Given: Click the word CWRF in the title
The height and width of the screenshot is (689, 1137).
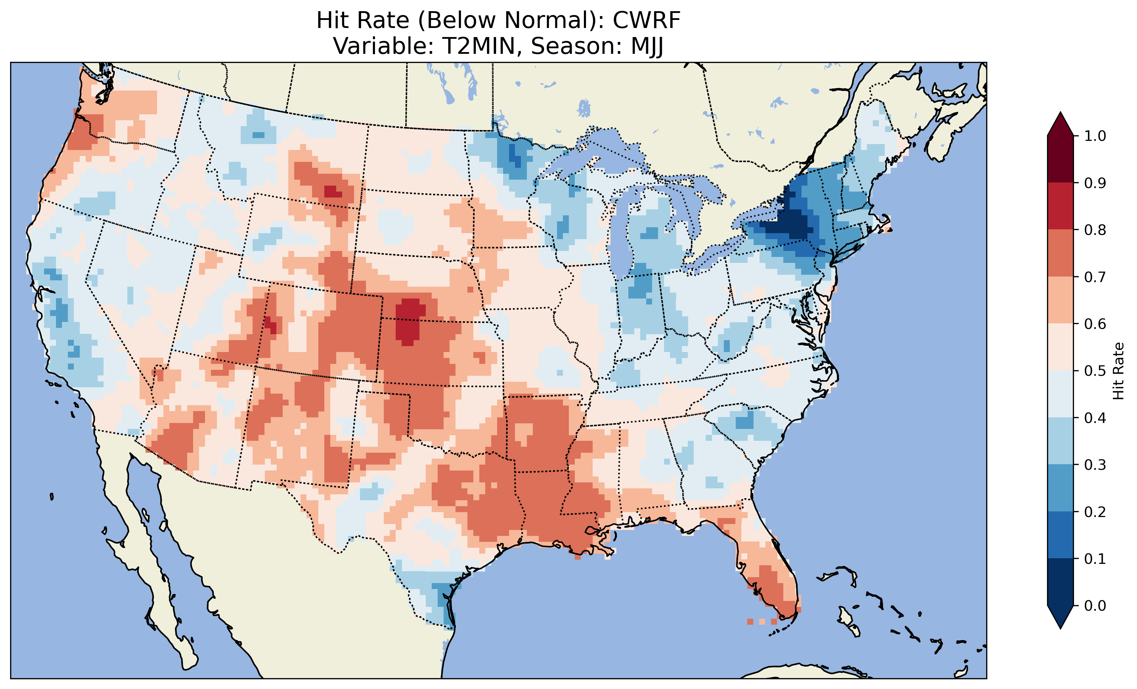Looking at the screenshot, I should coord(646,20).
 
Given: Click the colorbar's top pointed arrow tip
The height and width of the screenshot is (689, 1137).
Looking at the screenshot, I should coord(1060,113).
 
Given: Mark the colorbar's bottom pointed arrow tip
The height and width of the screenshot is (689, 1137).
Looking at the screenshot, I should coord(1060,628).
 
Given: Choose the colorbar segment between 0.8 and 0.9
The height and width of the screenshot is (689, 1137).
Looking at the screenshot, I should coord(1060,206).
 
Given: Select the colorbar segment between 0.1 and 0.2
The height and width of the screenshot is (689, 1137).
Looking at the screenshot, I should coord(1060,535).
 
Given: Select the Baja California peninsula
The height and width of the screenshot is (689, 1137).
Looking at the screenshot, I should coord(148,553).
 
